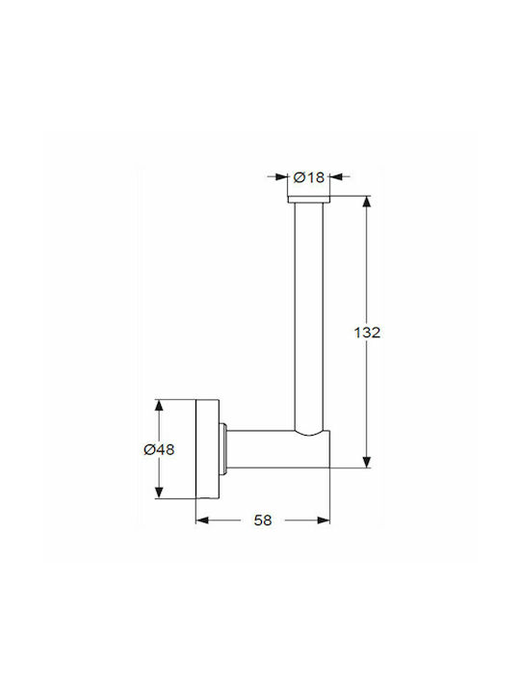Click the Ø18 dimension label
[x=309, y=177]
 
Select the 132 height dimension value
[x=367, y=333]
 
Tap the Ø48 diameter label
[x=159, y=450]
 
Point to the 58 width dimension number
[x=263, y=520]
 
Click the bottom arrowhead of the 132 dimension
[x=367, y=462]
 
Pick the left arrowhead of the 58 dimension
[x=202, y=520]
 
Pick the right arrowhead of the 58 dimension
[x=324, y=520]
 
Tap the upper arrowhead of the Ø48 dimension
[x=159, y=406]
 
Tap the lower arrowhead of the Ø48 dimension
[x=159, y=493]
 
